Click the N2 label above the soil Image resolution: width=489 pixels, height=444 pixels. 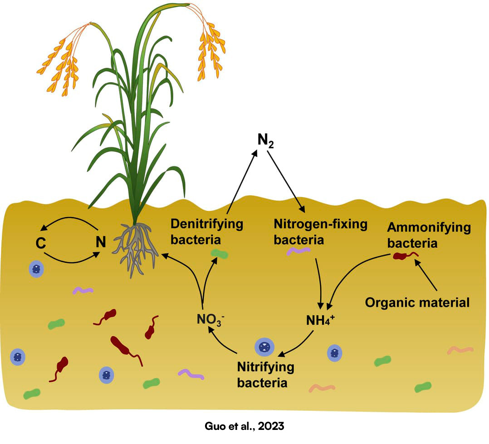point(266,141)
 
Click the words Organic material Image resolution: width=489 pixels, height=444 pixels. point(417,302)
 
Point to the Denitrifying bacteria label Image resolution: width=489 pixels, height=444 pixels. point(206,231)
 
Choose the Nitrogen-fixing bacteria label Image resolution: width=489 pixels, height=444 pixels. point(320,231)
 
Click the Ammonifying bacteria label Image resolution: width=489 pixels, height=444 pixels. point(428,235)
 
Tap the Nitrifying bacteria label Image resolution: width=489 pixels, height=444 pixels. point(266,374)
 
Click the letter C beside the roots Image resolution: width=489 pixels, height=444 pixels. point(41,243)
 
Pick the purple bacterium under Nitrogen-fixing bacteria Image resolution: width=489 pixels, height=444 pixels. point(298,250)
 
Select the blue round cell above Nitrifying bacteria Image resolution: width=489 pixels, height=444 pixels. point(264,348)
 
